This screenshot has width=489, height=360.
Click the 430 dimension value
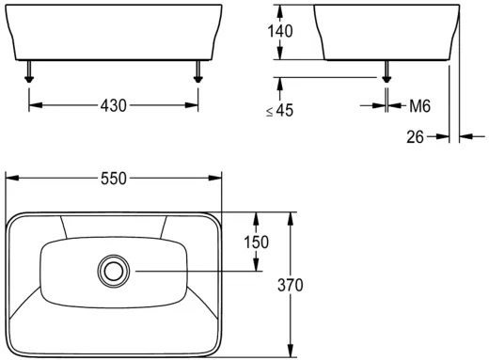point(114,105)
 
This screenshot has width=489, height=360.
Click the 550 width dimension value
point(114,179)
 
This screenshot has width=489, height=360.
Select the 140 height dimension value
point(280,31)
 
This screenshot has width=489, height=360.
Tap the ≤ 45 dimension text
point(279,111)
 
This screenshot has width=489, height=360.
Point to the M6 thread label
point(420,106)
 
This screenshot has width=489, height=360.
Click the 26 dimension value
point(415,137)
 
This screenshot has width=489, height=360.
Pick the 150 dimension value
point(257,243)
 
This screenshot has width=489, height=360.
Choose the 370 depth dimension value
point(291,285)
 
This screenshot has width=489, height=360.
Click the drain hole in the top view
point(114,272)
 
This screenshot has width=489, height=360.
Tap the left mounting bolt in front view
point(29,71)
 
